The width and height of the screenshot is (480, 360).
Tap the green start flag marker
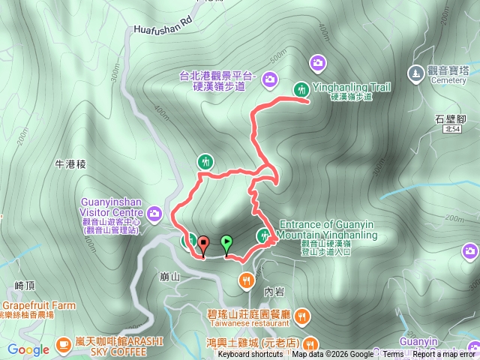click(x=226, y=243)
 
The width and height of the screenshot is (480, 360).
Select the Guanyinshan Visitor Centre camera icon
click(x=154, y=214)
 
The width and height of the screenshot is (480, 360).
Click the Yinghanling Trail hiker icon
click(x=301, y=88)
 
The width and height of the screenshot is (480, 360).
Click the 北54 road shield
click(x=451, y=130)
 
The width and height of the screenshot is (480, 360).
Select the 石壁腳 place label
click(x=451, y=118)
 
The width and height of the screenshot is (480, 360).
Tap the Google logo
click(x=28, y=349)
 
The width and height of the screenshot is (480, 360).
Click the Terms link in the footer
click(x=391, y=355)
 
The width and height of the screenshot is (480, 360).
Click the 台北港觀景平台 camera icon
click(x=269, y=78)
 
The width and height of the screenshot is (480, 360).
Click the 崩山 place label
click(x=170, y=277)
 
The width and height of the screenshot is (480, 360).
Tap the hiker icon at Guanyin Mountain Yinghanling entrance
click(x=263, y=236)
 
